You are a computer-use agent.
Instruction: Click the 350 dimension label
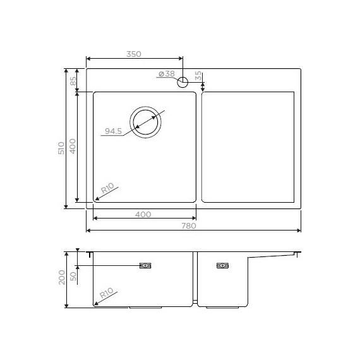[x=133, y=54]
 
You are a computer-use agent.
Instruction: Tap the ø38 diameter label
[x=166, y=75]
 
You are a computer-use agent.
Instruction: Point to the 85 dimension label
[x=73, y=80]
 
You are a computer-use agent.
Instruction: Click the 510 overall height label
[x=61, y=148]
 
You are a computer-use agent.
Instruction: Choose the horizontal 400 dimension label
[x=143, y=215]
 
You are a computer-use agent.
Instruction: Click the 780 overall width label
[x=189, y=225]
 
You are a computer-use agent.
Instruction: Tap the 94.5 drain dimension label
[x=113, y=131]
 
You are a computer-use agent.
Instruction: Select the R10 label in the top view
[x=107, y=188]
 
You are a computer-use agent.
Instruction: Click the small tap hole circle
[x=183, y=81]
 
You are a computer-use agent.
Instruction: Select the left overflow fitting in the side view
[x=145, y=266]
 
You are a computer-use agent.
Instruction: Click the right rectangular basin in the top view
[x=248, y=147]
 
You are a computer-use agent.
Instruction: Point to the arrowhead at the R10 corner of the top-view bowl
[x=96, y=199]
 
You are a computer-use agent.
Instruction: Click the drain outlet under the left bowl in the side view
[x=147, y=308]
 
